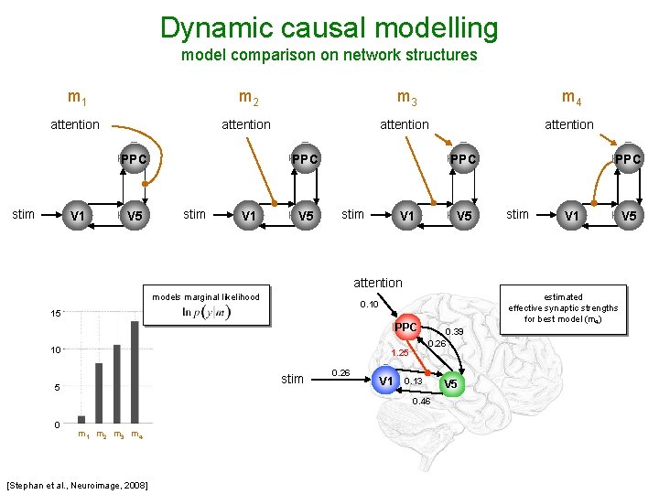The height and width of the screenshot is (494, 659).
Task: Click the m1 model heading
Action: [78, 96]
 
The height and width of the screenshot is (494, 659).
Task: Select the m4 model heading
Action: [571, 96]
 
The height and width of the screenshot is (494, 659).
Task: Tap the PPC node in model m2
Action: [306, 159]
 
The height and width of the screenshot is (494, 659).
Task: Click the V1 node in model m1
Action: [78, 216]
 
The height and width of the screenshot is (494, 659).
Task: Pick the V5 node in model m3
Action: [464, 216]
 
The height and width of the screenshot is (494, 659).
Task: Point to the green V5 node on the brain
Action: [452, 384]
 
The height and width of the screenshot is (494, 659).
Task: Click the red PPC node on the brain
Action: [405, 328]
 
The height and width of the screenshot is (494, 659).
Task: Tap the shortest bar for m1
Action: [81, 419]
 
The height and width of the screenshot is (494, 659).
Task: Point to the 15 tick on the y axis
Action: [56, 314]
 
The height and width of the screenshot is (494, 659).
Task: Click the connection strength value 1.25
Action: [400, 352]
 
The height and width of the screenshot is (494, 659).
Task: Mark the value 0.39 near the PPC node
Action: [454, 331]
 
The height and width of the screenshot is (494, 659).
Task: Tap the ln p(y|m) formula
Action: [205, 312]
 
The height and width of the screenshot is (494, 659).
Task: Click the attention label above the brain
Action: [377, 283]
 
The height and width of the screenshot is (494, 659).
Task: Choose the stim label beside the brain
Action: [292, 379]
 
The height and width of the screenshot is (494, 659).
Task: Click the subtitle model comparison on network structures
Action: [329, 55]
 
